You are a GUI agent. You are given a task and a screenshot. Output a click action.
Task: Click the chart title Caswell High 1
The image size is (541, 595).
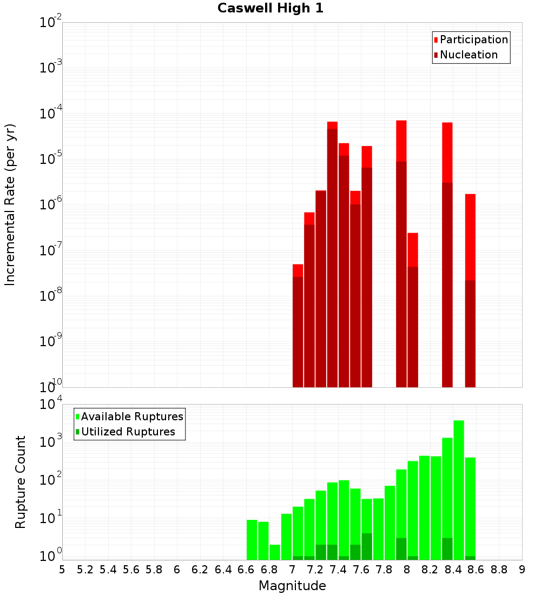(270, 9)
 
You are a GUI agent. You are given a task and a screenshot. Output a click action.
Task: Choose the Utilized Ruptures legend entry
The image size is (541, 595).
(128, 432)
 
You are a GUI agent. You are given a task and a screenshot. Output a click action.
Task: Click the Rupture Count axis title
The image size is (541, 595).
(21, 482)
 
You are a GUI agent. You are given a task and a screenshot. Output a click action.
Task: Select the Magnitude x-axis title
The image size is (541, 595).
(292, 585)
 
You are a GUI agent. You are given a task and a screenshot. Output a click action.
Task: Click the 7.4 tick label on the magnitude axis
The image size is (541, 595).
(338, 570)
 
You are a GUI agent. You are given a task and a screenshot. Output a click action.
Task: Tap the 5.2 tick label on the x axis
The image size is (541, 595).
(85, 570)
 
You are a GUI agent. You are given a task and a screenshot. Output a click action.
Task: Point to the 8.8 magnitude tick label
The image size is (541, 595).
(499, 570)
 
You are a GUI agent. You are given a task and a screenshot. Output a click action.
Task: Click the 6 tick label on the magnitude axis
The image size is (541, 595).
(177, 570)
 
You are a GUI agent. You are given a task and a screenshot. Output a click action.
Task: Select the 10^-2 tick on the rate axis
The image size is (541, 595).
(51, 23)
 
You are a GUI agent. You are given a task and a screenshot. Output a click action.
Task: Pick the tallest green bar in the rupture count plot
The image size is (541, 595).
(459, 490)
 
